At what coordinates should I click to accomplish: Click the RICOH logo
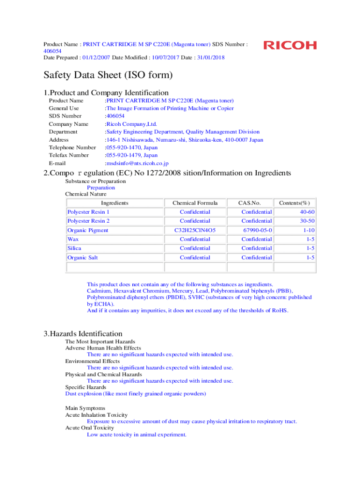pyautogui.click(x=290, y=45)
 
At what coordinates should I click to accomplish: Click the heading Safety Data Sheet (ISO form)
pyautogui.click(x=108, y=75)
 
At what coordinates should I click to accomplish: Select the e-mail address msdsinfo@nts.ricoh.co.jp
pyautogui.click(x=137, y=163)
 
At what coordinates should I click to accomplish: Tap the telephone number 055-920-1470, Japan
pyautogui.click(x=131, y=147)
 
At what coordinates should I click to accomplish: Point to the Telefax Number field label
pyautogui.click(x=69, y=155)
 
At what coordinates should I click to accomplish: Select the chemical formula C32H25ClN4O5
pyautogui.click(x=195, y=230)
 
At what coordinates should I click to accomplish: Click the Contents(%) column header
pyautogui.click(x=294, y=203)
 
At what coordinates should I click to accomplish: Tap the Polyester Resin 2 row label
pyautogui.click(x=88, y=221)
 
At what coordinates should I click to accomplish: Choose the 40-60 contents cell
pyautogui.click(x=307, y=212)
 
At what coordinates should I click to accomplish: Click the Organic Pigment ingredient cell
pyautogui.click(x=88, y=230)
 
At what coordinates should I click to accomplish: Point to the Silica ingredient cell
pyautogui.click(x=75, y=248)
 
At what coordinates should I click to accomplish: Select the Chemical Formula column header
pyautogui.click(x=195, y=203)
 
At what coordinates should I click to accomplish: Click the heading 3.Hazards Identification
pyautogui.click(x=83, y=334)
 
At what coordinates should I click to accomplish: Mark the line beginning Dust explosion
pyautogui.click(x=136, y=394)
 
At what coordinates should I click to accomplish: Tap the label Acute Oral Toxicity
pyautogui.click(x=89, y=428)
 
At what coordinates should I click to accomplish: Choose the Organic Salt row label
pyautogui.click(x=82, y=258)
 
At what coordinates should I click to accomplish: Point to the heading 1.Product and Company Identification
pyautogui.click(x=106, y=93)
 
